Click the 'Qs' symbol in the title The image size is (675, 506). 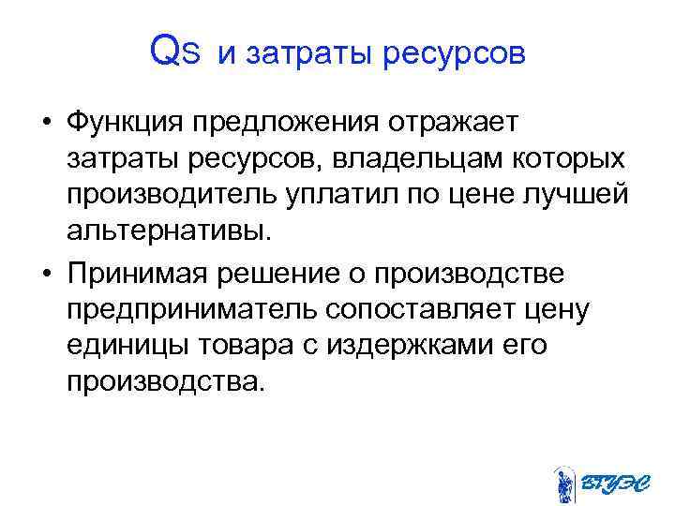pos(174,53)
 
